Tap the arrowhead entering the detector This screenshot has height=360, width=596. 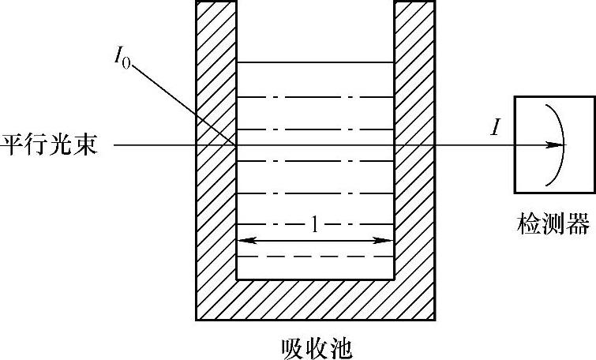(558, 145)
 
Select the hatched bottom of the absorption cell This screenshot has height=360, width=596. (316, 300)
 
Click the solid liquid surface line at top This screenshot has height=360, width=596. (316, 62)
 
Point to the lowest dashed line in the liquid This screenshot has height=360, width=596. (316, 257)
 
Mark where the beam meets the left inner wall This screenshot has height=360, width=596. (237, 145)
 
